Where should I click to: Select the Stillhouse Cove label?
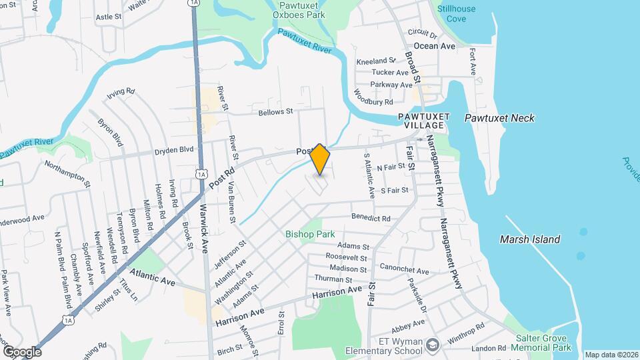[461, 13]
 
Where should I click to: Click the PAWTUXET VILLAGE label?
[421, 121]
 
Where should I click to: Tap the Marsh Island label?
[531, 239]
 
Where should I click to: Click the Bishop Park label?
[310, 234]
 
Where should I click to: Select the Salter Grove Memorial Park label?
[543, 343]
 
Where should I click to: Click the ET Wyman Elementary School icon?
[433, 344]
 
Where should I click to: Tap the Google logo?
[22, 351]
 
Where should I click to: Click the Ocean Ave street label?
[434, 46]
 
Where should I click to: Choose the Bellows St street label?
[275, 111]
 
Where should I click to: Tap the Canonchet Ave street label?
[405, 269]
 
